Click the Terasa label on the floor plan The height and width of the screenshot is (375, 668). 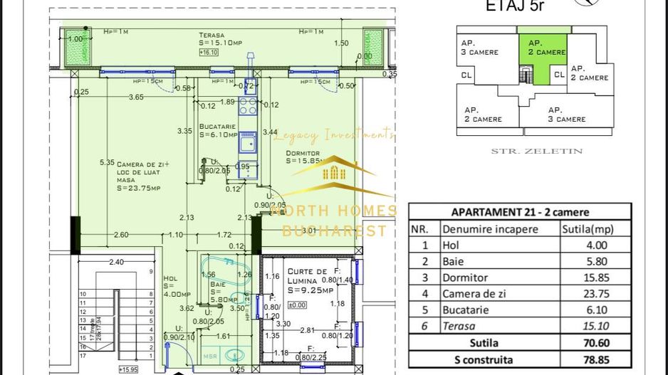pyautogui.click(x=212, y=35)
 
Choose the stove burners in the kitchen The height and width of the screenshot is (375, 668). pyautogui.click(x=247, y=106)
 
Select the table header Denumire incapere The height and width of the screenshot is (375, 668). pyautogui.click(x=490, y=228)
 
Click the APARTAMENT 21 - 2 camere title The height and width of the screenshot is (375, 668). pyautogui.click(x=520, y=212)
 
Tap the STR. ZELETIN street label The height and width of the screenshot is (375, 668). pyautogui.click(x=537, y=151)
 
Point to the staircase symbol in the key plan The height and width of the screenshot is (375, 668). pyautogui.click(x=526, y=73)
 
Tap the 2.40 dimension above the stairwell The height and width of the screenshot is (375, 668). pyautogui.click(x=117, y=262)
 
